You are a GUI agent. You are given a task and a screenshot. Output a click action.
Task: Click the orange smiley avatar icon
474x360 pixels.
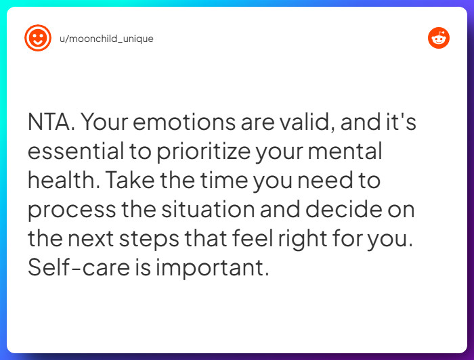click(x=38, y=38)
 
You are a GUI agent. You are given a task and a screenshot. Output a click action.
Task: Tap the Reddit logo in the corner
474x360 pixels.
click(x=439, y=38)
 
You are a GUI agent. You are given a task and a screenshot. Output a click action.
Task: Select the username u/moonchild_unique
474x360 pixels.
click(x=106, y=39)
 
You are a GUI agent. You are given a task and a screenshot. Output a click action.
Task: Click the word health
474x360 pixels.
click(x=60, y=181)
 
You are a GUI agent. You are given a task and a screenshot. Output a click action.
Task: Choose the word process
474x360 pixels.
click(x=71, y=210)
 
